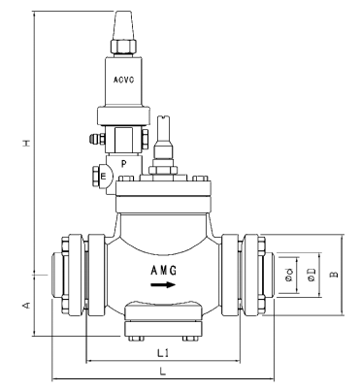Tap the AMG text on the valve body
tap(163, 269)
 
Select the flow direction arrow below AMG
tap(164, 285)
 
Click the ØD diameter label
tap(311, 275)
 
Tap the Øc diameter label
tap(290, 275)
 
